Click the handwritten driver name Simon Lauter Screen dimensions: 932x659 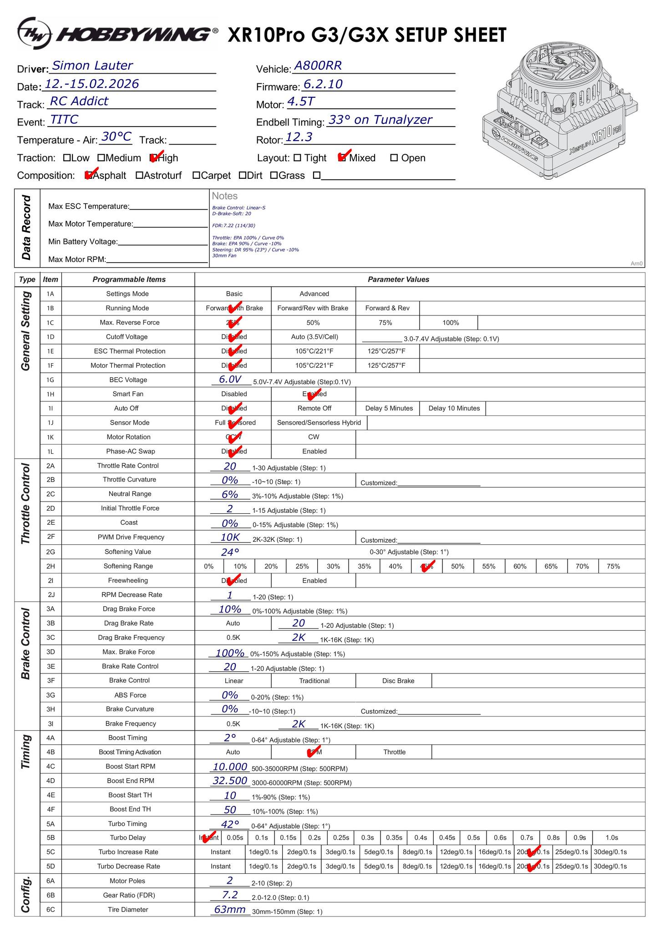pyautogui.click(x=92, y=66)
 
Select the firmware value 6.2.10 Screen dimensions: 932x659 pyautogui.click(x=323, y=84)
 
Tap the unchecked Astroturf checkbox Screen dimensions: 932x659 pyautogui.click(x=139, y=176)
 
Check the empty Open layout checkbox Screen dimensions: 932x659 pyautogui.click(x=394, y=158)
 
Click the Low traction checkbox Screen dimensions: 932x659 pyautogui.click(x=67, y=158)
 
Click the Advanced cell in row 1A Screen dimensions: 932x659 pyautogui.click(x=314, y=294)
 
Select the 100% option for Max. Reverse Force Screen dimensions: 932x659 pyautogui.click(x=451, y=323)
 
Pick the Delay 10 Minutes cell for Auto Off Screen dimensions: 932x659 pyautogui.click(x=454, y=408)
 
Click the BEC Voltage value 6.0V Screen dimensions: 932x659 pyautogui.click(x=230, y=380)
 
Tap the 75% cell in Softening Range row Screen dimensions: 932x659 pyautogui.click(x=613, y=566)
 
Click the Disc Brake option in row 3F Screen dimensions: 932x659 pyautogui.click(x=398, y=681)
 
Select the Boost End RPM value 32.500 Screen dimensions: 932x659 pyautogui.click(x=230, y=781)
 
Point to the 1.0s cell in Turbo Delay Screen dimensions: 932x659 pyautogui.click(x=612, y=837)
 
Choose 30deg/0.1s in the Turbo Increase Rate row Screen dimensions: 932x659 pyautogui.click(x=610, y=852)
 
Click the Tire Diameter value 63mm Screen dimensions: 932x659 pyautogui.click(x=230, y=910)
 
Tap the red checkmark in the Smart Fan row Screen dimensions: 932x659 pyautogui.click(x=314, y=394)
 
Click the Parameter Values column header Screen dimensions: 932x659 pyautogui.click(x=398, y=279)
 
